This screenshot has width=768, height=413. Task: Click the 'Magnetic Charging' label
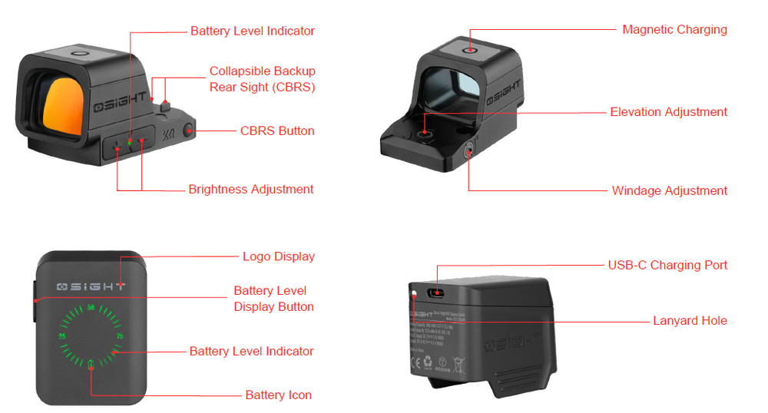(674, 30)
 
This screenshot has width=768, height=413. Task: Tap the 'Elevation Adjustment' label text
(668, 112)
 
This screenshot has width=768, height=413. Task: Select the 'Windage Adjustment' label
(669, 190)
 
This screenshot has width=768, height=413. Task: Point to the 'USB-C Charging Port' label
(667, 266)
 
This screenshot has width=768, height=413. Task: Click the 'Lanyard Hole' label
(690, 321)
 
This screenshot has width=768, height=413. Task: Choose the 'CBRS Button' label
(277, 131)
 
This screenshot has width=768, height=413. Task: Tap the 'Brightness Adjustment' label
(250, 190)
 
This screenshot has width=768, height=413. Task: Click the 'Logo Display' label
(278, 257)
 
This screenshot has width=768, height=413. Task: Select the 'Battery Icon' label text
(278, 395)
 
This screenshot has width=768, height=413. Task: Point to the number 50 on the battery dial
(91, 309)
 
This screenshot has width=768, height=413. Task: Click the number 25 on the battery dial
(62, 336)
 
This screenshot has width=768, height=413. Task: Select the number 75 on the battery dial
(119, 336)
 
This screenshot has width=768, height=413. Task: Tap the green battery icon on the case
(91, 364)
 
